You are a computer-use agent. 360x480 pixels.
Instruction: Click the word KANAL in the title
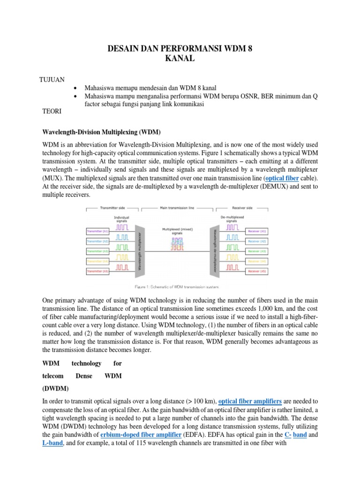(x=180, y=59)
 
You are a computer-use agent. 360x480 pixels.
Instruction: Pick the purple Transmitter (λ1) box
(x=97, y=231)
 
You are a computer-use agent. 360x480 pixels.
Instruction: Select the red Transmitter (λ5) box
(x=97, y=271)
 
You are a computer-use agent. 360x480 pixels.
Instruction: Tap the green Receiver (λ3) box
(x=257, y=251)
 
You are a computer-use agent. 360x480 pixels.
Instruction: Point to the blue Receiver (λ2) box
(x=257, y=241)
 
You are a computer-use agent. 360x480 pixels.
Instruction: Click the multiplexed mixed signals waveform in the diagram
(x=177, y=243)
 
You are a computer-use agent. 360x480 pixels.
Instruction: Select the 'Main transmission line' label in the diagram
(x=177, y=208)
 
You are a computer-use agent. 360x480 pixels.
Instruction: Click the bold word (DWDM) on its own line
(x=55, y=388)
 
